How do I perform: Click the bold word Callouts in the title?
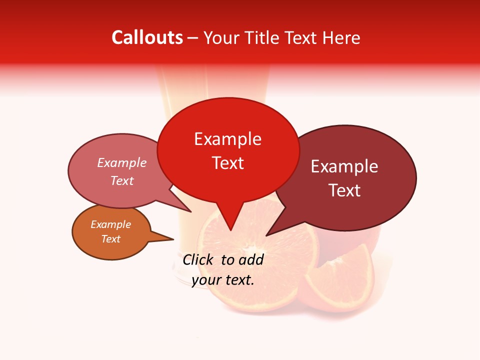point(147,37)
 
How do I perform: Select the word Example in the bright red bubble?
point(227,139)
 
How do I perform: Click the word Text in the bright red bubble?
point(227,163)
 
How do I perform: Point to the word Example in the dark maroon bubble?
point(344,166)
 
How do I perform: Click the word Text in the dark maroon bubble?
point(344,190)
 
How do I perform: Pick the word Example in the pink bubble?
point(122,163)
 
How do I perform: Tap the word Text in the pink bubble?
point(122,181)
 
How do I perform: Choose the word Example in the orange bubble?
point(110,224)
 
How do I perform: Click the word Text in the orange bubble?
point(110,239)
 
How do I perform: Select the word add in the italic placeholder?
point(251,260)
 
